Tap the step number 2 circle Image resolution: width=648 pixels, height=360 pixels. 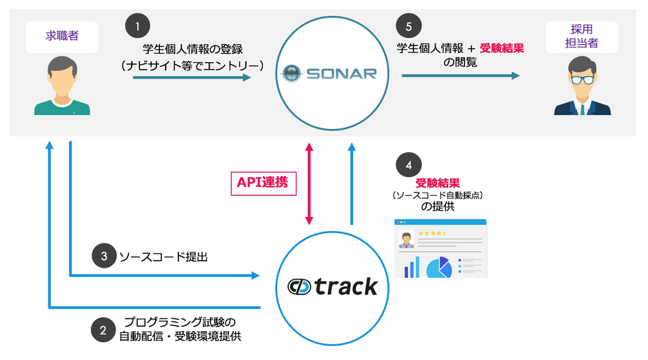coord(103,330)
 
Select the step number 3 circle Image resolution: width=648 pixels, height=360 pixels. coord(103,256)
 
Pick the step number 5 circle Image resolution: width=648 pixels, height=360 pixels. coord(409,27)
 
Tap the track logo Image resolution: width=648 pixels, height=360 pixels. coord(334,285)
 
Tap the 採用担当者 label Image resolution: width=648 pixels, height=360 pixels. coord(583,36)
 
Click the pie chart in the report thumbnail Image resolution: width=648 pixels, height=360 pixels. coord(438,266)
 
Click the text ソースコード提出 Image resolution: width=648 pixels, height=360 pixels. coord(163,257)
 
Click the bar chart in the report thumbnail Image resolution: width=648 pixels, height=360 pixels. coord(412,267)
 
